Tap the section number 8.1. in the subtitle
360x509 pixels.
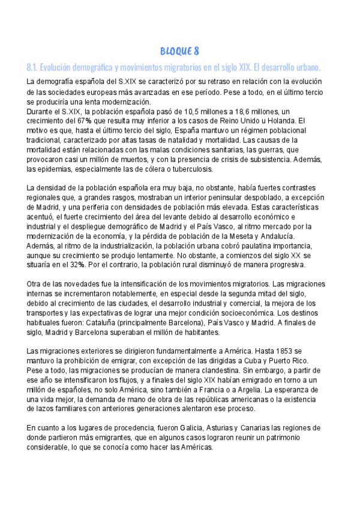point(34,66)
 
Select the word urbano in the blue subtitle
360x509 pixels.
point(308,66)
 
